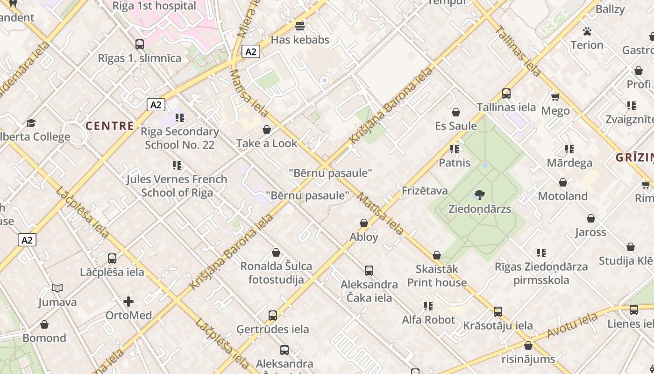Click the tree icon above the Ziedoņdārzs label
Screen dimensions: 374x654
(479, 194)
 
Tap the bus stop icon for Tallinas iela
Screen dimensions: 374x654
(506, 93)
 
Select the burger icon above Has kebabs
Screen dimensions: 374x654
(300, 26)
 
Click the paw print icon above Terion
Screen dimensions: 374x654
(587, 31)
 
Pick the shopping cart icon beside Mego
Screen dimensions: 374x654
(555, 97)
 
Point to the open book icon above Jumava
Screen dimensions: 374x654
(57, 288)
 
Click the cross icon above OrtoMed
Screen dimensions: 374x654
(128, 302)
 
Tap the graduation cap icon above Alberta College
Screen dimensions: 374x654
(31, 123)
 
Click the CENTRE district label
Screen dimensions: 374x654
(110, 126)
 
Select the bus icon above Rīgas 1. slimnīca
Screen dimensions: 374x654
(139, 44)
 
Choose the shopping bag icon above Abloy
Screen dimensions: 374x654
(364, 223)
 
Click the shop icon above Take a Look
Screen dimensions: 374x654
(267, 129)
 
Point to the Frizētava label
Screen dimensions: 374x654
(425, 191)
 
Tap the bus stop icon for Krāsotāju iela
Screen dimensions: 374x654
(498, 312)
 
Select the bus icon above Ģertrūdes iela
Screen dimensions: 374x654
(273, 316)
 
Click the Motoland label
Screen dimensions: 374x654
(562, 196)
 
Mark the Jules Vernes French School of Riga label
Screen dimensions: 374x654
(177, 186)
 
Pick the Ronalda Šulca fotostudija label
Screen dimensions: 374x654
(276, 273)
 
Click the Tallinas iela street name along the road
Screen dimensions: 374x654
(518, 51)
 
